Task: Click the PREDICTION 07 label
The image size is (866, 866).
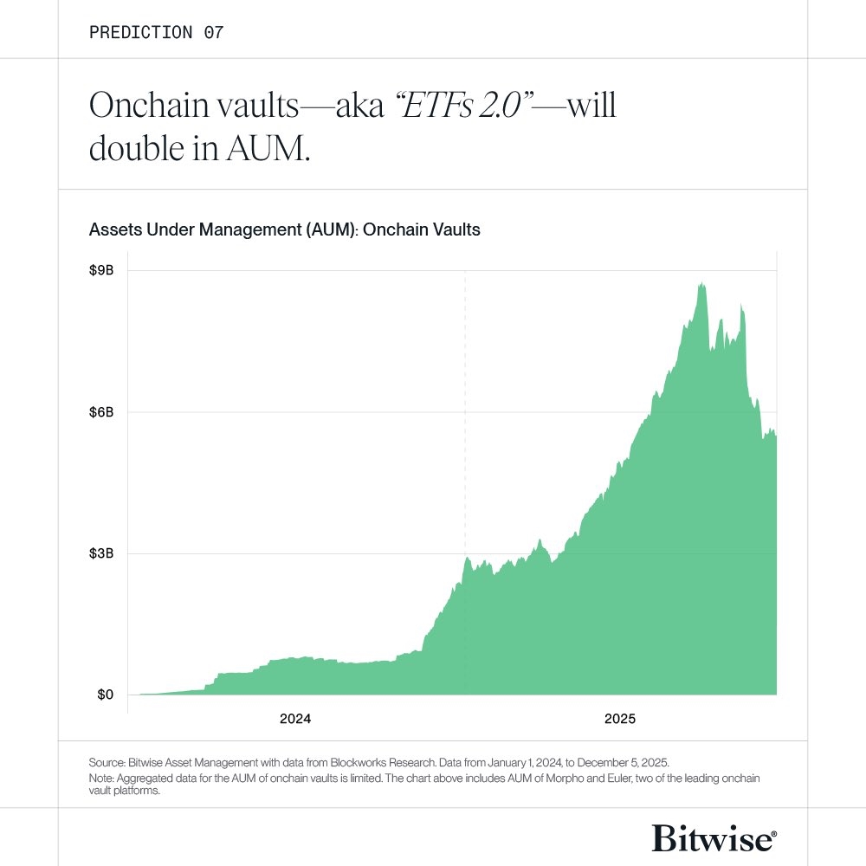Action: pos(156,32)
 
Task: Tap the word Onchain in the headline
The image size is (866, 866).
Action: pos(149,105)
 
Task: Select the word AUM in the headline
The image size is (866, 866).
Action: pos(268,148)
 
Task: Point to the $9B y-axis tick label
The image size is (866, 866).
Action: pos(101,270)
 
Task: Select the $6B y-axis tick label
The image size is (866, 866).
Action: pos(101,412)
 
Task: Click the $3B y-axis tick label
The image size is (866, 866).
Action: pos(101,553)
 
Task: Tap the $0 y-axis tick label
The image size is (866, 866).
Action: pos(105,695)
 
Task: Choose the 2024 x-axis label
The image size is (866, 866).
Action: pos(295,719)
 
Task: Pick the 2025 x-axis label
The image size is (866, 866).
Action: pos(620,719)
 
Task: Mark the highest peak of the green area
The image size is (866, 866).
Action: pos(702,283)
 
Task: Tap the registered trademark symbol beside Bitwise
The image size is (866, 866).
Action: pos(773,833)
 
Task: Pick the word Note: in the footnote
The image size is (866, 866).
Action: pos(101,779)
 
